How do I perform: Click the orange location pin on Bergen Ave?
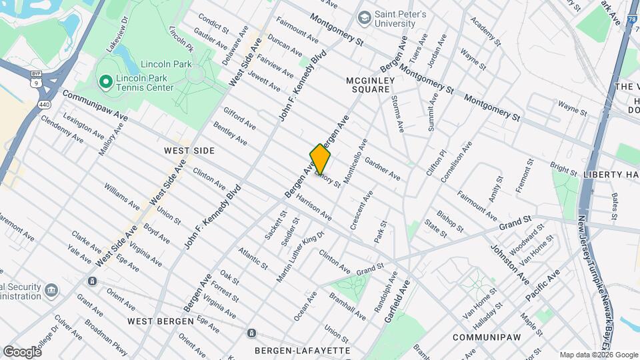point(320,159)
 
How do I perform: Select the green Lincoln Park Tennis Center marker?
point(105,82)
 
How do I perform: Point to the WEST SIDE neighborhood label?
point(189,151)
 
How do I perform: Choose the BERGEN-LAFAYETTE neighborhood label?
point(302,350)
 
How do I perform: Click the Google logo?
point(22,351)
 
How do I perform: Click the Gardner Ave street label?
point(382,170)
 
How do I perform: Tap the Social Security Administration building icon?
point(51,290)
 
